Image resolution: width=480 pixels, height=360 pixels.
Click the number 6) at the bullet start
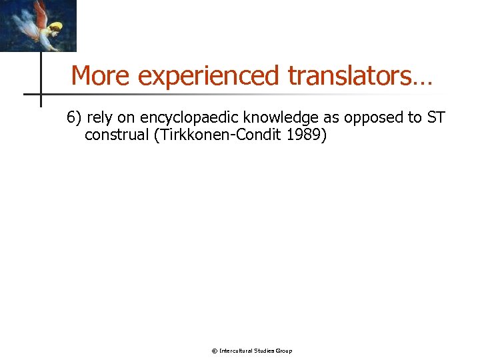point(74,118)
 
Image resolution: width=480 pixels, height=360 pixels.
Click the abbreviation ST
point(436,118)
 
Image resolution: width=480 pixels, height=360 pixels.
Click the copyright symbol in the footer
point(214,351)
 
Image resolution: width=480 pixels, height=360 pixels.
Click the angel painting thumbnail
point(38,25)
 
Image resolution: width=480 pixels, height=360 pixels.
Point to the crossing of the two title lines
point(41,94)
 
